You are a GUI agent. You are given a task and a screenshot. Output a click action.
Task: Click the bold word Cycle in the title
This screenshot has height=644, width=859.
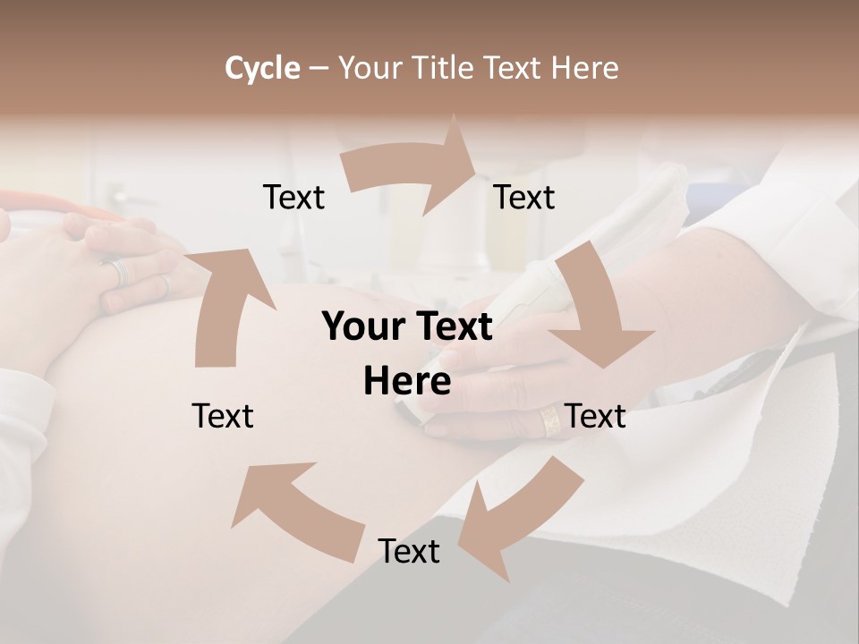coord(262,68)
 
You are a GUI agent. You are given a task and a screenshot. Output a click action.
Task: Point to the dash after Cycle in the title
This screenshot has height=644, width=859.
coord(319,69)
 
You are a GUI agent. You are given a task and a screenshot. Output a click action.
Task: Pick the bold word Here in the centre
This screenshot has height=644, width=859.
coord(407,382)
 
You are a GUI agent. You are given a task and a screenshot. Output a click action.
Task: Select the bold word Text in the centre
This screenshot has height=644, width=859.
coord(452,327)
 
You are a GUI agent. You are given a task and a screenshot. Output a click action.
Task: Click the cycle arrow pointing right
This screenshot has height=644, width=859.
coord(412,170)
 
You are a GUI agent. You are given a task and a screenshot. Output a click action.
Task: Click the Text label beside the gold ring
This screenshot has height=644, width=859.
coord(596,416)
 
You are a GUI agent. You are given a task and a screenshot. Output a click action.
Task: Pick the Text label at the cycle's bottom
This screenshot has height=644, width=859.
coord(409,551)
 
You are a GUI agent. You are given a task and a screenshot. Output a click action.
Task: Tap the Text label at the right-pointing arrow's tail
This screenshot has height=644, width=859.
coord(294,197)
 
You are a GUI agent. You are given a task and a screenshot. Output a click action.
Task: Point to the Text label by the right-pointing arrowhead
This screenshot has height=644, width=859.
coord(524,197)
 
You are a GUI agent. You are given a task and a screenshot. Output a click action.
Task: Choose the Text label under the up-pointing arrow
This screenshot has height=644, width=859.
coord(223,416)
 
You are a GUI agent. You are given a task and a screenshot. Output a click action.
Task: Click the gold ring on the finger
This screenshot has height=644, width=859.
coord(551,420)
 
